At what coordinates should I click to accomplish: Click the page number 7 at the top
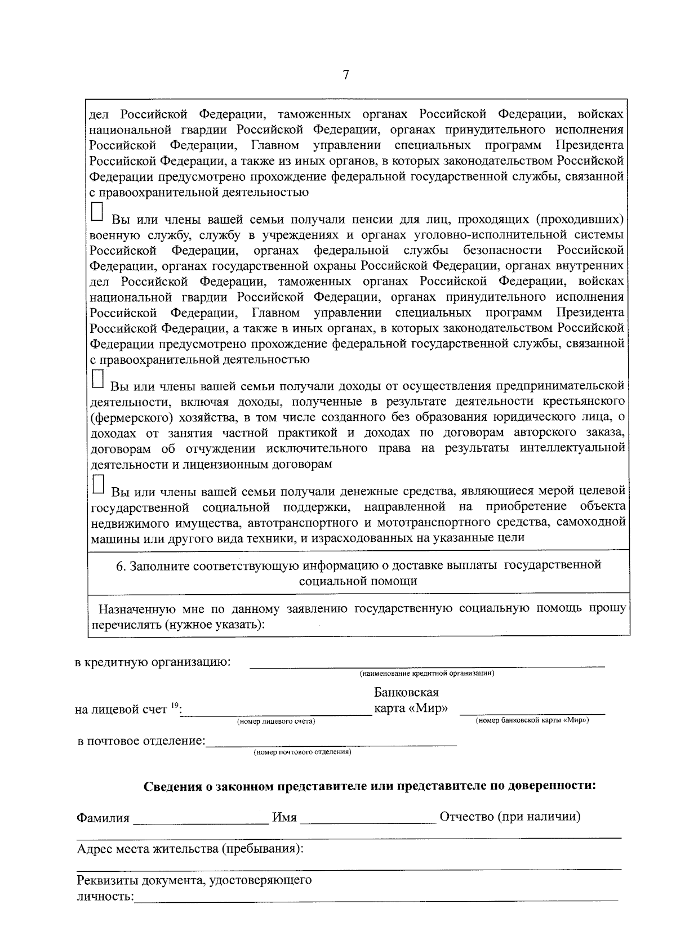[346, 75]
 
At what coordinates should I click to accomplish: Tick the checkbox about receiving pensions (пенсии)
[97, 212]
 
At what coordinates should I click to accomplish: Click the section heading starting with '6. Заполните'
[358, 572]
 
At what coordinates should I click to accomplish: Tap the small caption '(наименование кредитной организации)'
[427, 674]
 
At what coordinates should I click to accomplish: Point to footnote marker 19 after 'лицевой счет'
[175, 705]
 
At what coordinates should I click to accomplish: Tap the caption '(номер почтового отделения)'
[303, 752]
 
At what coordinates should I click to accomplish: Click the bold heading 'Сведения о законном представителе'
[370, 786]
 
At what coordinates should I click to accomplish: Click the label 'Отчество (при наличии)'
[510, 817]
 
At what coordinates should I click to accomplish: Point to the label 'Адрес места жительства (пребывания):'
[190, 849]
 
